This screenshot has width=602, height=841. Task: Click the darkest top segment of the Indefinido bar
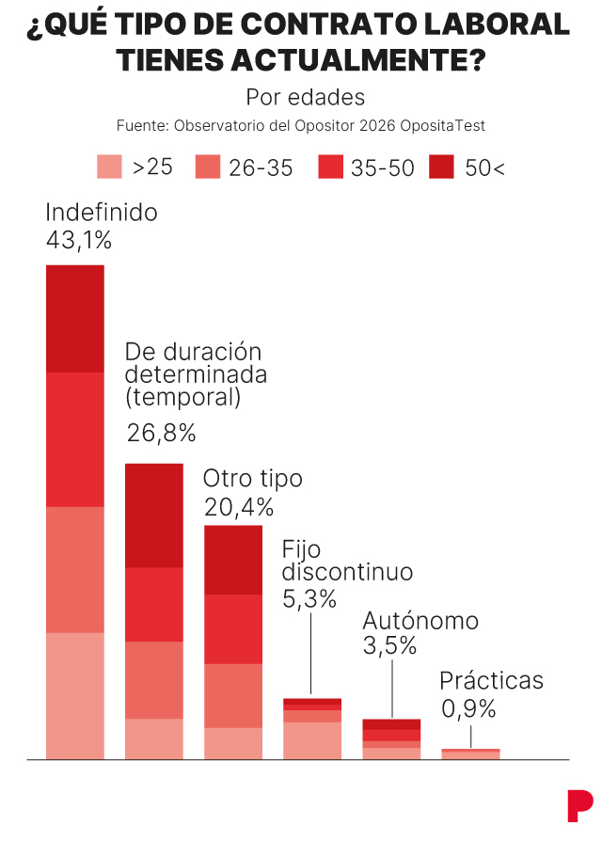pos(75,319)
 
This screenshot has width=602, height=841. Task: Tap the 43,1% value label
pos(79,241)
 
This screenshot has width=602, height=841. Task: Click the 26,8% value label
pos(161,433)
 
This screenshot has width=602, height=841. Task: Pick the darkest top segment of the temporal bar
pos(154,516)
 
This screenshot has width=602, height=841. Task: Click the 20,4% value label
pos(239,508)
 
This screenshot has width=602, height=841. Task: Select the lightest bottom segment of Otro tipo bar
pos(233,742)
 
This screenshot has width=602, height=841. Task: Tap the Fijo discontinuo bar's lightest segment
pos(312,739)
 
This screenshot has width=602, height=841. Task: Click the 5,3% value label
pos(309,598)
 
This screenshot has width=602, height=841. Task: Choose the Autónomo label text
pos(420,621)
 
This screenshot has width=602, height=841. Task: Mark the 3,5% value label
pos(389,646)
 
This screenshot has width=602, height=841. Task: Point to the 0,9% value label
pos(467,709)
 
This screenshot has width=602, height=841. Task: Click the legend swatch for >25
pos(110,167)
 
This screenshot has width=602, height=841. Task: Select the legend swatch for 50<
pos(441,167)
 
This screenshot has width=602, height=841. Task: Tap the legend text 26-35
pos(261,167)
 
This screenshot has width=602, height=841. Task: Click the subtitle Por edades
pos(305,97)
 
